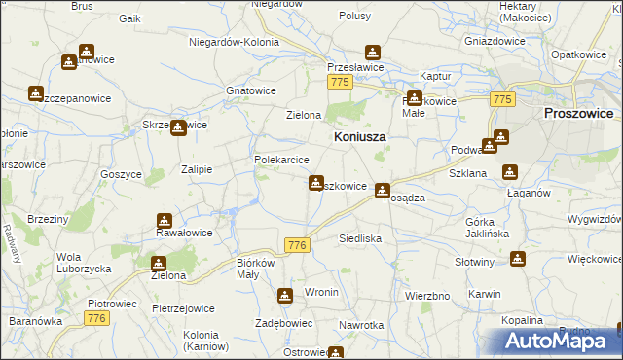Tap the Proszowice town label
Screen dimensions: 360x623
point(577,113)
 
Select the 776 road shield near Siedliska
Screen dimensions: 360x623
point(298,246)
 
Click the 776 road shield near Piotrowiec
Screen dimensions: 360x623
point(95,318)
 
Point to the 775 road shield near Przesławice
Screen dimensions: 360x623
point(339,83)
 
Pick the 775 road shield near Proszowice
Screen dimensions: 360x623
point(502,100)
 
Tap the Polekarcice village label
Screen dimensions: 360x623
point(281,160)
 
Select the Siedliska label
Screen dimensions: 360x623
point(359,237)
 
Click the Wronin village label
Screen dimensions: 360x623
point(321,292)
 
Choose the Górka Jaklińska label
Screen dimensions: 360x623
point(488,227)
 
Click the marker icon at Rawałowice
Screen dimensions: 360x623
point(164,220)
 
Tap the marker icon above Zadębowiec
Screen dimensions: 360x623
point(284,296)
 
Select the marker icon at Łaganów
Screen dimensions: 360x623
point(509,173)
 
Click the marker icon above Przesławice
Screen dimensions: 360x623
point(371,53)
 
